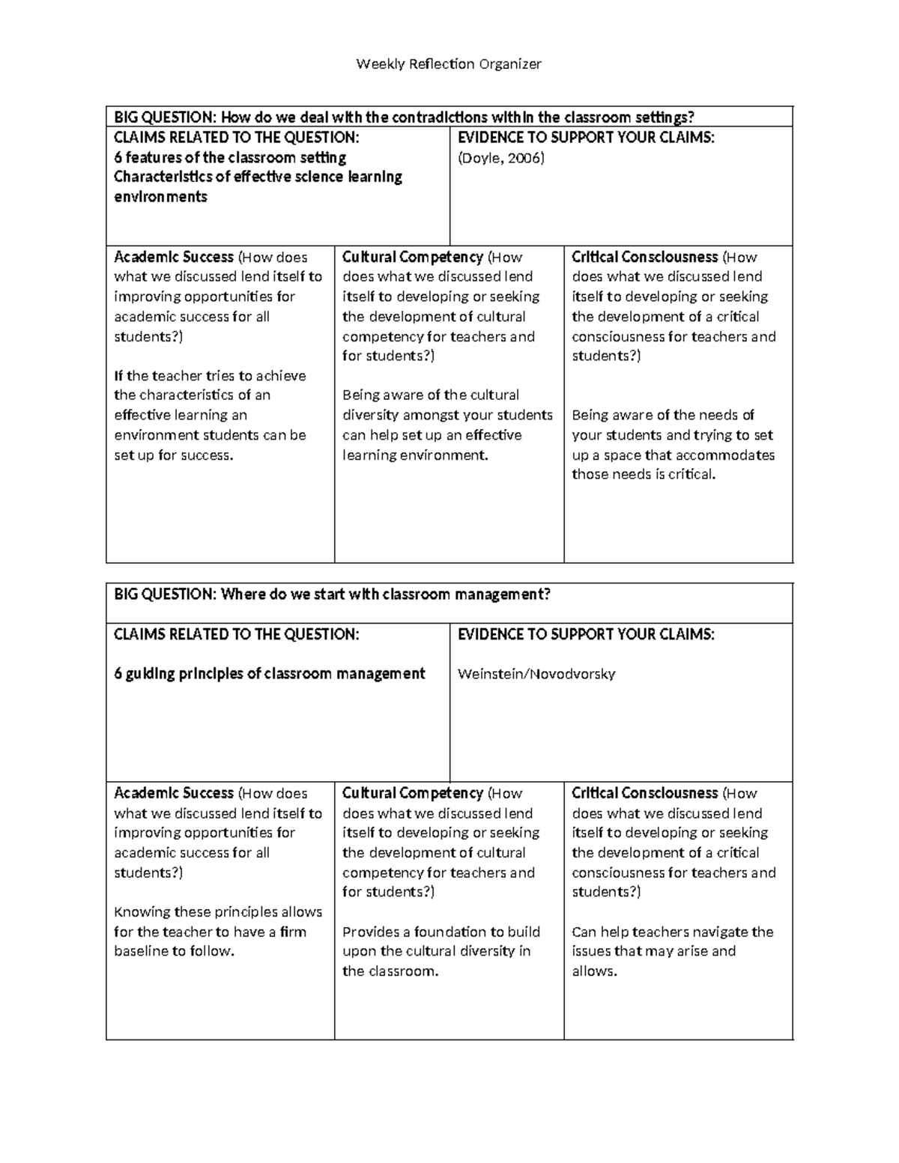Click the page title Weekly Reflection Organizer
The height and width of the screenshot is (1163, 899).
(x=448, y=64)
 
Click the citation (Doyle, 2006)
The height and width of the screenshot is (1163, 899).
(x=500, y=158)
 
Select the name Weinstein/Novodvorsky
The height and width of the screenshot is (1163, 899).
(x=536, y=674)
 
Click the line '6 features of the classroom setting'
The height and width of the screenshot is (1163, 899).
(x=230, y=158)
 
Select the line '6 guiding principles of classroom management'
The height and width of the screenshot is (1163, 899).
(x=269, y=674)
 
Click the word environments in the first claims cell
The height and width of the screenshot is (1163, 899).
(x=160, y=197)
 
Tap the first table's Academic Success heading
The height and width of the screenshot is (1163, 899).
(x=174, y=257)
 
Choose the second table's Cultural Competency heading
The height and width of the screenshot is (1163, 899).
(x=413, y=793)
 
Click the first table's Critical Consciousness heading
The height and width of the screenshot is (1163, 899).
(x=644, y=257)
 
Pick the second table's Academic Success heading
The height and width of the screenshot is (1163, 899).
(x=174, y=793)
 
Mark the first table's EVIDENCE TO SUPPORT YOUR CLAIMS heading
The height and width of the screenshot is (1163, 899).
(x=586, y=138)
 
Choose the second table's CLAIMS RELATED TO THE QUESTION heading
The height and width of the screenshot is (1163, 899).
(x=237, y=634)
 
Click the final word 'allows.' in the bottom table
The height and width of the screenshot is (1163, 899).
(x=594, y=972)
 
